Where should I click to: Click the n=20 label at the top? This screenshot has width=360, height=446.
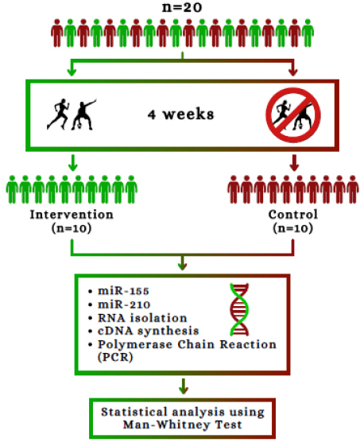(182, 7)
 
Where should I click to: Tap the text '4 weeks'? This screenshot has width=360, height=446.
(180, 114)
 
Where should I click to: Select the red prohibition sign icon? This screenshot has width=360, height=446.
(293, 115)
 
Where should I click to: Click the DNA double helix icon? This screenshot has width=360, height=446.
(239, 309)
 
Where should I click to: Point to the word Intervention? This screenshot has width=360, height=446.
(72, 215)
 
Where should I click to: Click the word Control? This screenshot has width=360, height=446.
(293, 215)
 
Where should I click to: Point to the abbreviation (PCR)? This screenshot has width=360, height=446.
(115, 357)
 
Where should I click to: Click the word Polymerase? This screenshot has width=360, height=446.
(135, 345)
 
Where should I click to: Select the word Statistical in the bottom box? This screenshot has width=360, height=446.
(134, 412)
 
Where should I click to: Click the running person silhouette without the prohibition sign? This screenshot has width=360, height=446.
(58, 114)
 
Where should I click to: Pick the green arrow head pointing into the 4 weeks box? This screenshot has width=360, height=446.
(72, 72)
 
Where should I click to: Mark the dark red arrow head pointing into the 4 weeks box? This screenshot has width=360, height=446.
(293, 72)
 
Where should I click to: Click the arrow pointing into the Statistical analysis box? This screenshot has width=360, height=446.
(184, 386)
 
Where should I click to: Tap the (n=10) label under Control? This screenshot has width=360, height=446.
(293, 228)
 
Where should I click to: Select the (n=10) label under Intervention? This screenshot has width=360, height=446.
(72, 228)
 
